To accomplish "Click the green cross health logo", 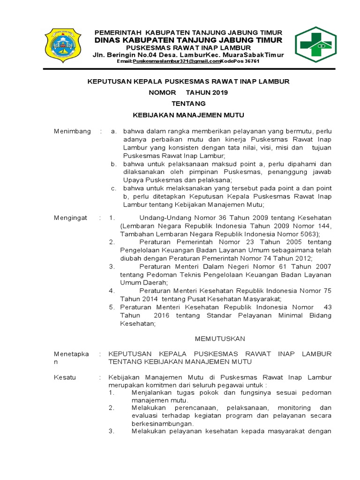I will tap(315, 45).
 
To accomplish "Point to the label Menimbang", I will tap(72, 131).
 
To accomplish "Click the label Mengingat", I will tap(72, 218).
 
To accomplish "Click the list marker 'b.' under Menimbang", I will tap(113, 164).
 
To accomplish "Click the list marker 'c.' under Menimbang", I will tap(113, 188).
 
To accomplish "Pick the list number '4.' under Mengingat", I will tap(112, 291).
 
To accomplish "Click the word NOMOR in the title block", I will tap(162, 92).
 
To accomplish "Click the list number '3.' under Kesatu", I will tap(112, 432).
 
